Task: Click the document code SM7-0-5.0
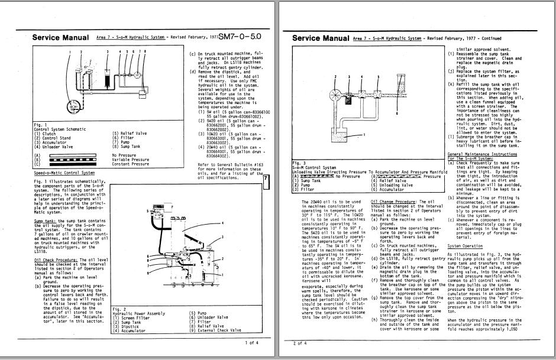pyautogui.click(x=240, y=37)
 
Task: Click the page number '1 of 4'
pyautogui.click(x=251, y=342)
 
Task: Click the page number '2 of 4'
pyautogui.click(x=300, y=342)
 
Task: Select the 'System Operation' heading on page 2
pyautogui.click(x=466, y=245)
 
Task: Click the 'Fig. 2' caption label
pyautogui.click(x=118, y=309)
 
